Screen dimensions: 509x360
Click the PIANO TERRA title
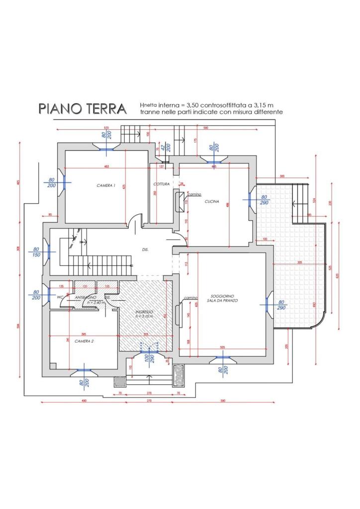83,109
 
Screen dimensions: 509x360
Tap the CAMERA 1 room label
106,185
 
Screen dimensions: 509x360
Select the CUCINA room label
211,201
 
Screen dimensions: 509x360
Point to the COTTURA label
162,184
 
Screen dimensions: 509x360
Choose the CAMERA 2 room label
85,341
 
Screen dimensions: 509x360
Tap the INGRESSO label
144,312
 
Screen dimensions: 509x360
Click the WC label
60,297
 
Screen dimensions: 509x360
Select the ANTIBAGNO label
82,297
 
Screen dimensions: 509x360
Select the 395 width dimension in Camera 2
84,334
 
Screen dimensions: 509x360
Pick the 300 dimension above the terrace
282,176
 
